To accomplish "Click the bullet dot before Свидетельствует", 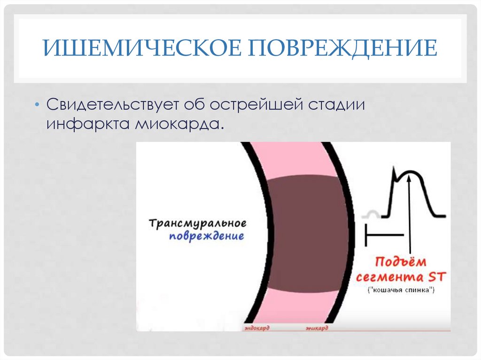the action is (x=37, y=104).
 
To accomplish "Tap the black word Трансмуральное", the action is (x=197, y=223).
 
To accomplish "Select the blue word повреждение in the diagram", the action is (x=207, y=236).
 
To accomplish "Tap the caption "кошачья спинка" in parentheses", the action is (x=401, y=290).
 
